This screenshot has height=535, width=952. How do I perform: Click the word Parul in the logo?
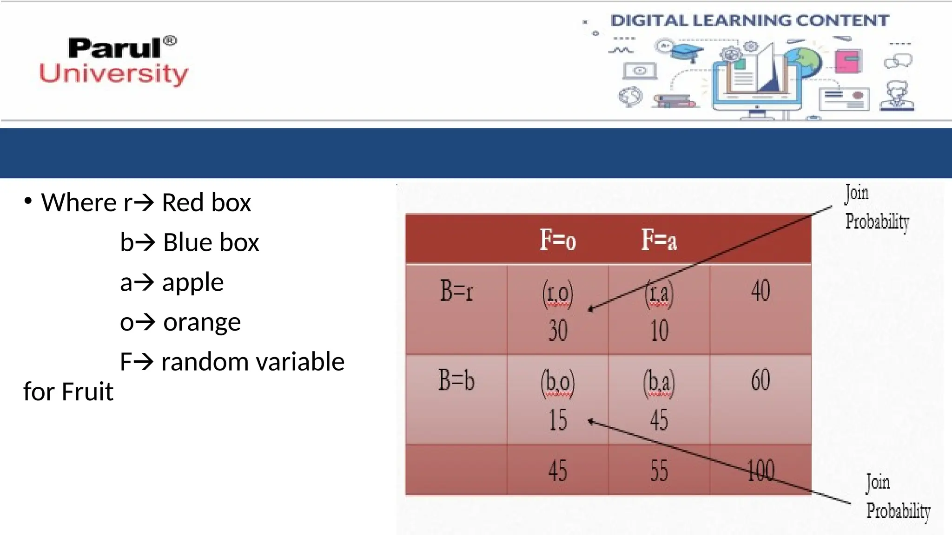click(115, 48)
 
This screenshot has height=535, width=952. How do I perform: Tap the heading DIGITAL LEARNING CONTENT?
click(749, 20)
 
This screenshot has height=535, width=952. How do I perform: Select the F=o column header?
click(557, 240)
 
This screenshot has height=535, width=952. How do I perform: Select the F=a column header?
click(659, 240)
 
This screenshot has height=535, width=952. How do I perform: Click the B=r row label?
click(456, 292)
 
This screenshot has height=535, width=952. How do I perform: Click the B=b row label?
click(456, 380)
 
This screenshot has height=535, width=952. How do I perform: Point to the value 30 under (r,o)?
click(558, 331)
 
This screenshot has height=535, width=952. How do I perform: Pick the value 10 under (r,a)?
click(659, 331)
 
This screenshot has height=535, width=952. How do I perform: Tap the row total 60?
click(760, 380)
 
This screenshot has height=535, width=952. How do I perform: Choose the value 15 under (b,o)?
click(558, 420)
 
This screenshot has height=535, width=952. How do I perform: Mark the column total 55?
click(659, 471)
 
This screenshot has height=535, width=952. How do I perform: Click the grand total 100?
click(761, 471)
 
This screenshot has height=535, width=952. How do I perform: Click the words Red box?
click(206, 203)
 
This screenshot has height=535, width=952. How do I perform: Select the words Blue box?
click(211, 243)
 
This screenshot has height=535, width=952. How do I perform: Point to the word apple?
click(192, 282)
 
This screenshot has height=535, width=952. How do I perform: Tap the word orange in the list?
click(202, 322)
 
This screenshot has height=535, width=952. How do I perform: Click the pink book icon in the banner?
click(848, 61)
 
